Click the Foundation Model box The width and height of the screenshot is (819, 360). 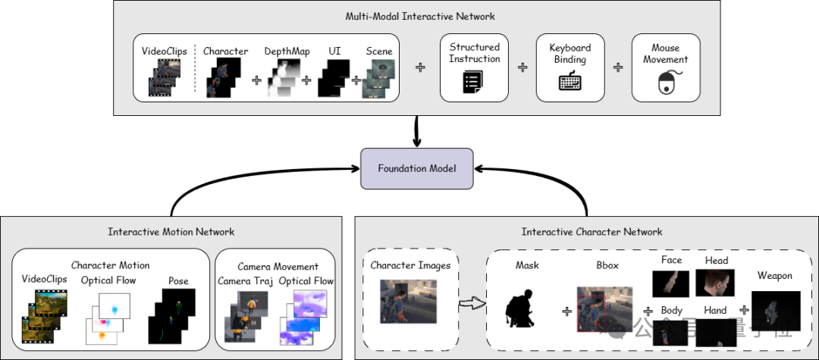(416, 167)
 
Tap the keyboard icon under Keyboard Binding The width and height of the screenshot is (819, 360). (570, 82)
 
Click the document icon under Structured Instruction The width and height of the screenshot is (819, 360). (473, 83)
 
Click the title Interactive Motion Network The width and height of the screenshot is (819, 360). (171, 231)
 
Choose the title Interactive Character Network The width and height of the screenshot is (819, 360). (592, 231)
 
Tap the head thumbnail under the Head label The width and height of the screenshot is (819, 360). (717, 283)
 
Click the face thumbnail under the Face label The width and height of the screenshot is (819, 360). (671, 283)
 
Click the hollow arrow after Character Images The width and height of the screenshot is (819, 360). (473, 305)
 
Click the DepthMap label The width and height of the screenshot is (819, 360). (287, 51)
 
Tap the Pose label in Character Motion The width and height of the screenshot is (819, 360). (179, 280)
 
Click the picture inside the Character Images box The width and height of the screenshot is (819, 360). (409, 302)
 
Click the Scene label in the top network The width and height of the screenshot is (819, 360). (379, 51)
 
